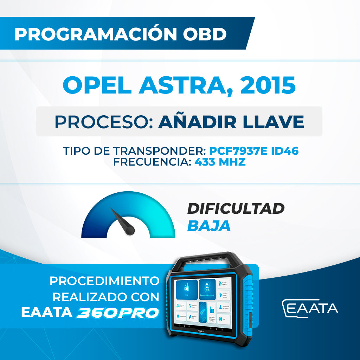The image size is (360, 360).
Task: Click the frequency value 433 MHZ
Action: pos(220,162)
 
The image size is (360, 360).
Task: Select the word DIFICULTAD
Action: pos(236,209)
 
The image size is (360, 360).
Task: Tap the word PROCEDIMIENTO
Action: pos(104,281)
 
